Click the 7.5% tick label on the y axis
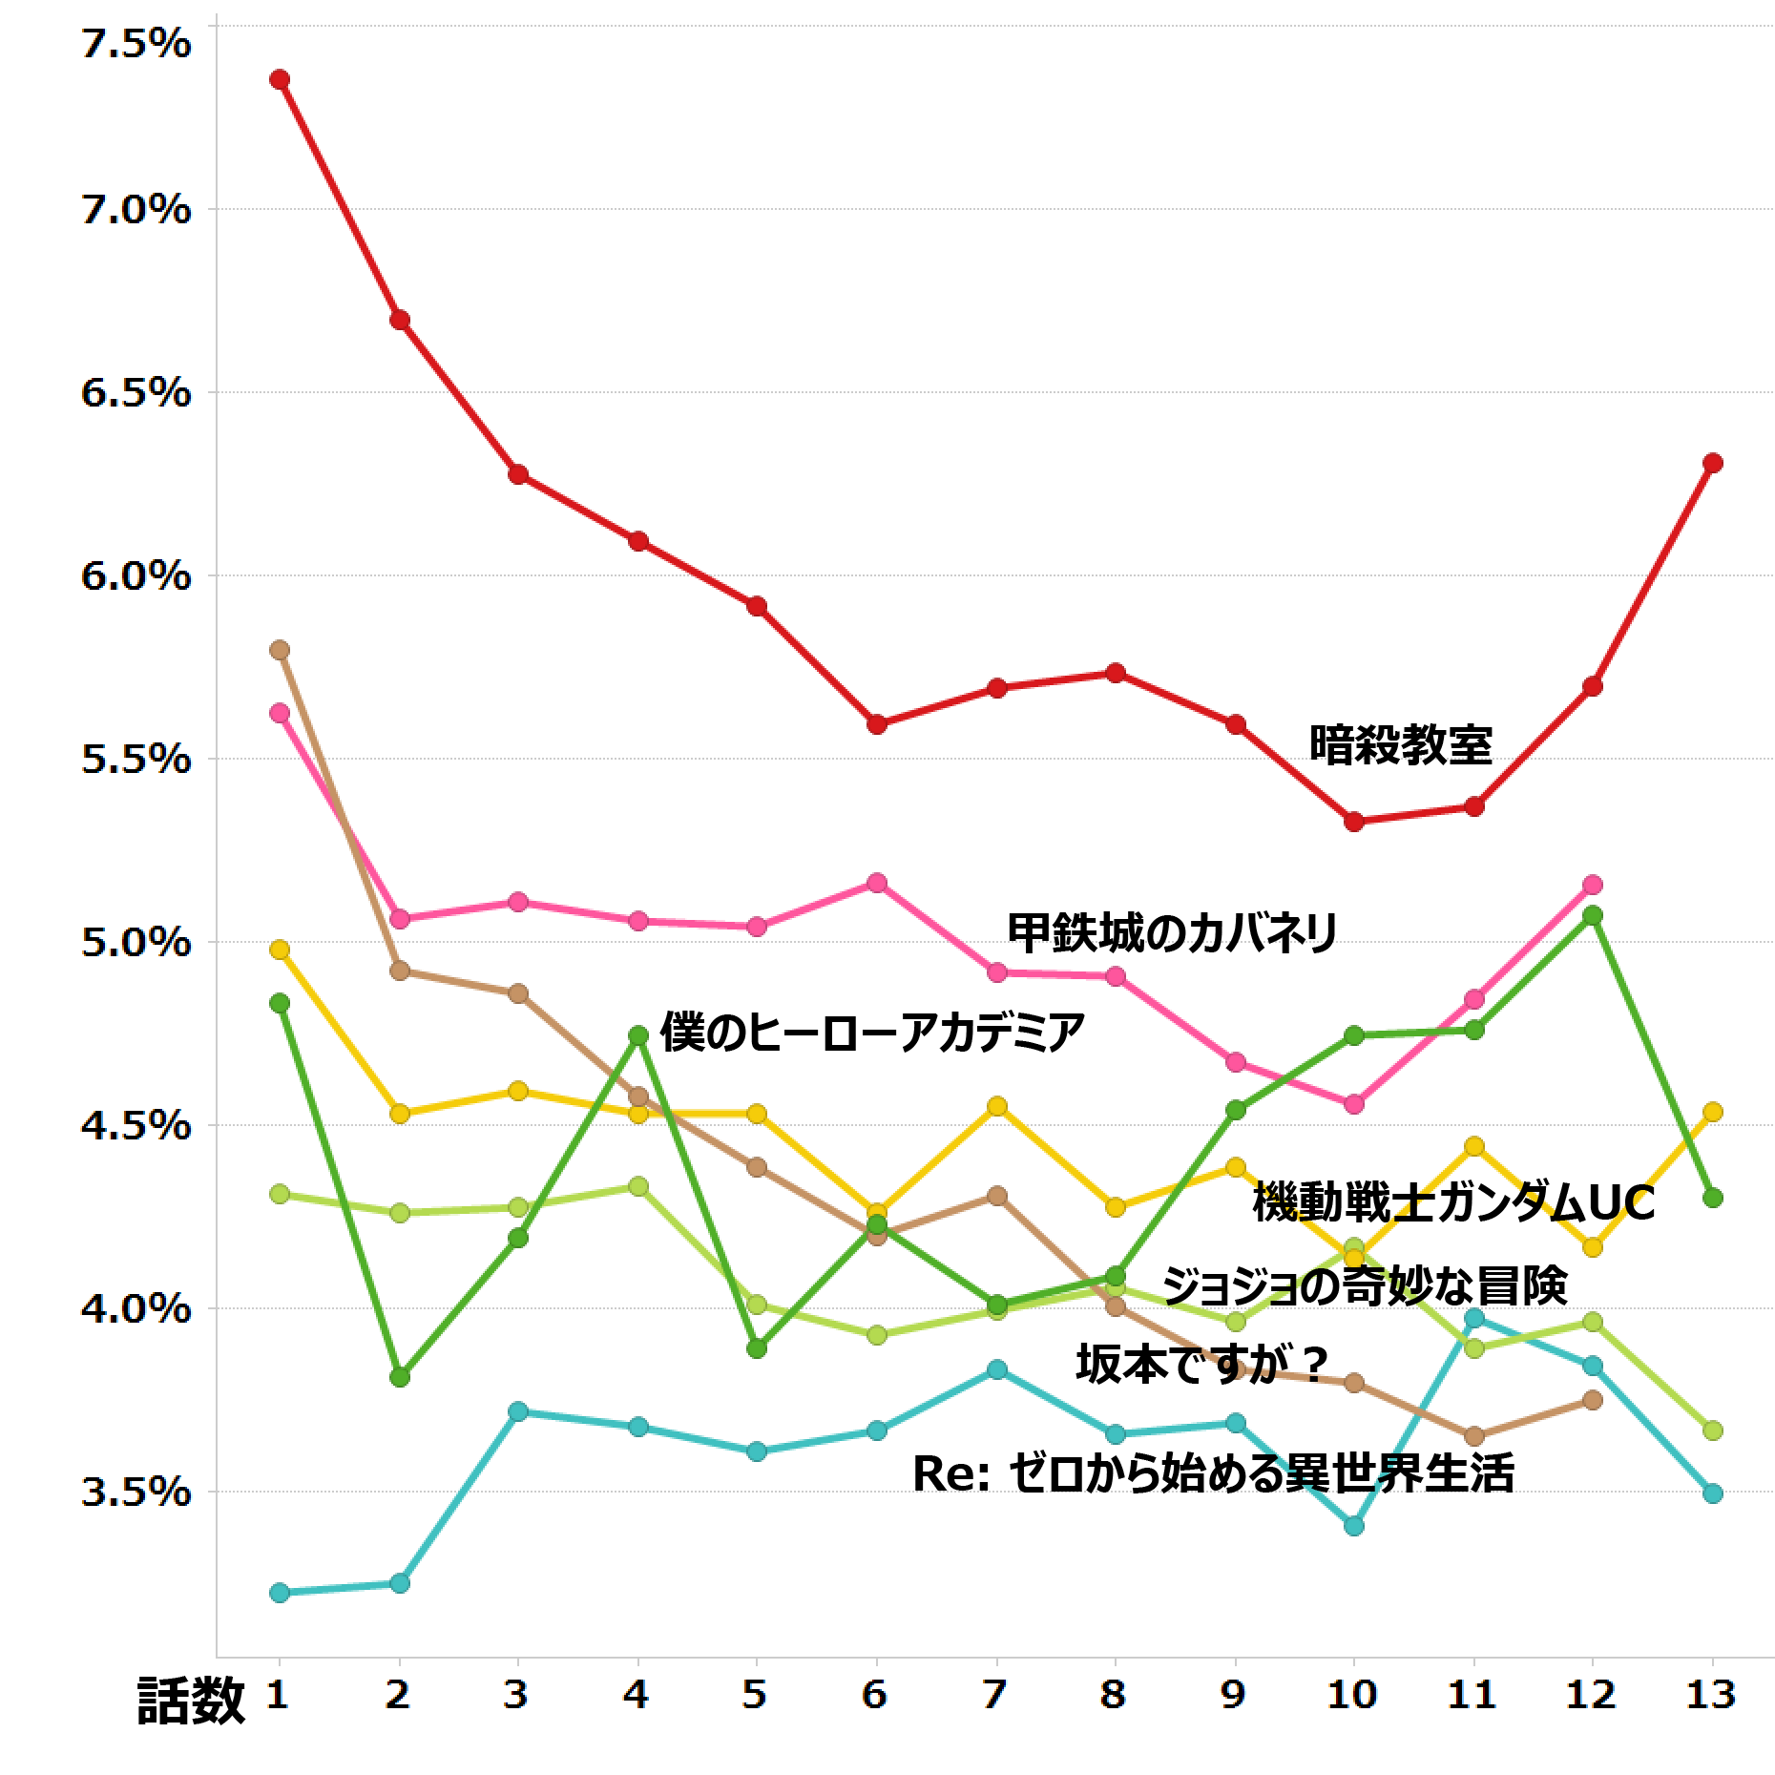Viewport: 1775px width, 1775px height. click(136, 45)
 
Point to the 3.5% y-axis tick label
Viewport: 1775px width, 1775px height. click(136, 1492)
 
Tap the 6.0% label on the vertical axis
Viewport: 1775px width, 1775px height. click(136, 576)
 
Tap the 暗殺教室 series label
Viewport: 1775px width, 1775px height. click(1400, 745)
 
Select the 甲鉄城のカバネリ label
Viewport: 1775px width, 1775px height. click(1173, 933)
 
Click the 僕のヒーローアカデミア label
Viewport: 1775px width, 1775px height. click(872, 1032)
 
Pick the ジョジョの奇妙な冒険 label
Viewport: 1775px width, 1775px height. click(1365, 1285)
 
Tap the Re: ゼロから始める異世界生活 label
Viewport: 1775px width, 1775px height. click(1213, 1472)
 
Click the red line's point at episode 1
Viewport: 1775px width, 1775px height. click(280, 79)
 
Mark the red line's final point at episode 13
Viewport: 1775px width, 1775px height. click(1712, 463)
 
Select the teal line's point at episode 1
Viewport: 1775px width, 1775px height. click(280, 1593)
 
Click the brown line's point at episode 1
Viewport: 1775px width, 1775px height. click(280, 650)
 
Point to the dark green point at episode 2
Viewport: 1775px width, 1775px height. click(400, 1377)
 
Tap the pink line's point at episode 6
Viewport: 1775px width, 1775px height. click(877, 883)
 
